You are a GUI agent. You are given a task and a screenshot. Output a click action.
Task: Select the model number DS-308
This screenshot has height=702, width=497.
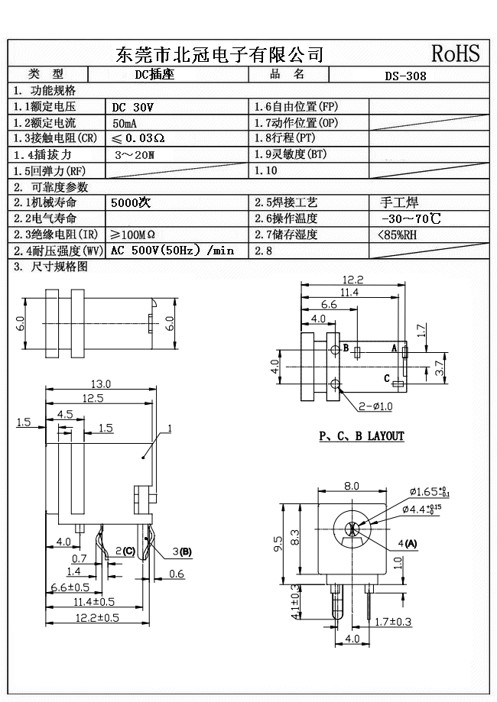tap(405, 76)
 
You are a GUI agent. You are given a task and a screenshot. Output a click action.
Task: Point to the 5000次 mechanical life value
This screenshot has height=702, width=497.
tap(131, 203)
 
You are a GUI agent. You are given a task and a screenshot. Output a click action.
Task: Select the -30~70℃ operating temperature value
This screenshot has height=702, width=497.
tap(410, 219)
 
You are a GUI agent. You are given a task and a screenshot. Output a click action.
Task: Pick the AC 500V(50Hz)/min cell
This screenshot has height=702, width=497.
tap(172, 251)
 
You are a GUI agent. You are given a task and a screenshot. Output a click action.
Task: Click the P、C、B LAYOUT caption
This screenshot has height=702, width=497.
tap(361, 436)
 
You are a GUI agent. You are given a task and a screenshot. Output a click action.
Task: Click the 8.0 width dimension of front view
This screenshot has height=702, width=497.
tap(352, 486)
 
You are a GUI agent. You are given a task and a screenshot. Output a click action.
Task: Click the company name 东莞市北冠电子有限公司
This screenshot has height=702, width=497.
tap(219, 54)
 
